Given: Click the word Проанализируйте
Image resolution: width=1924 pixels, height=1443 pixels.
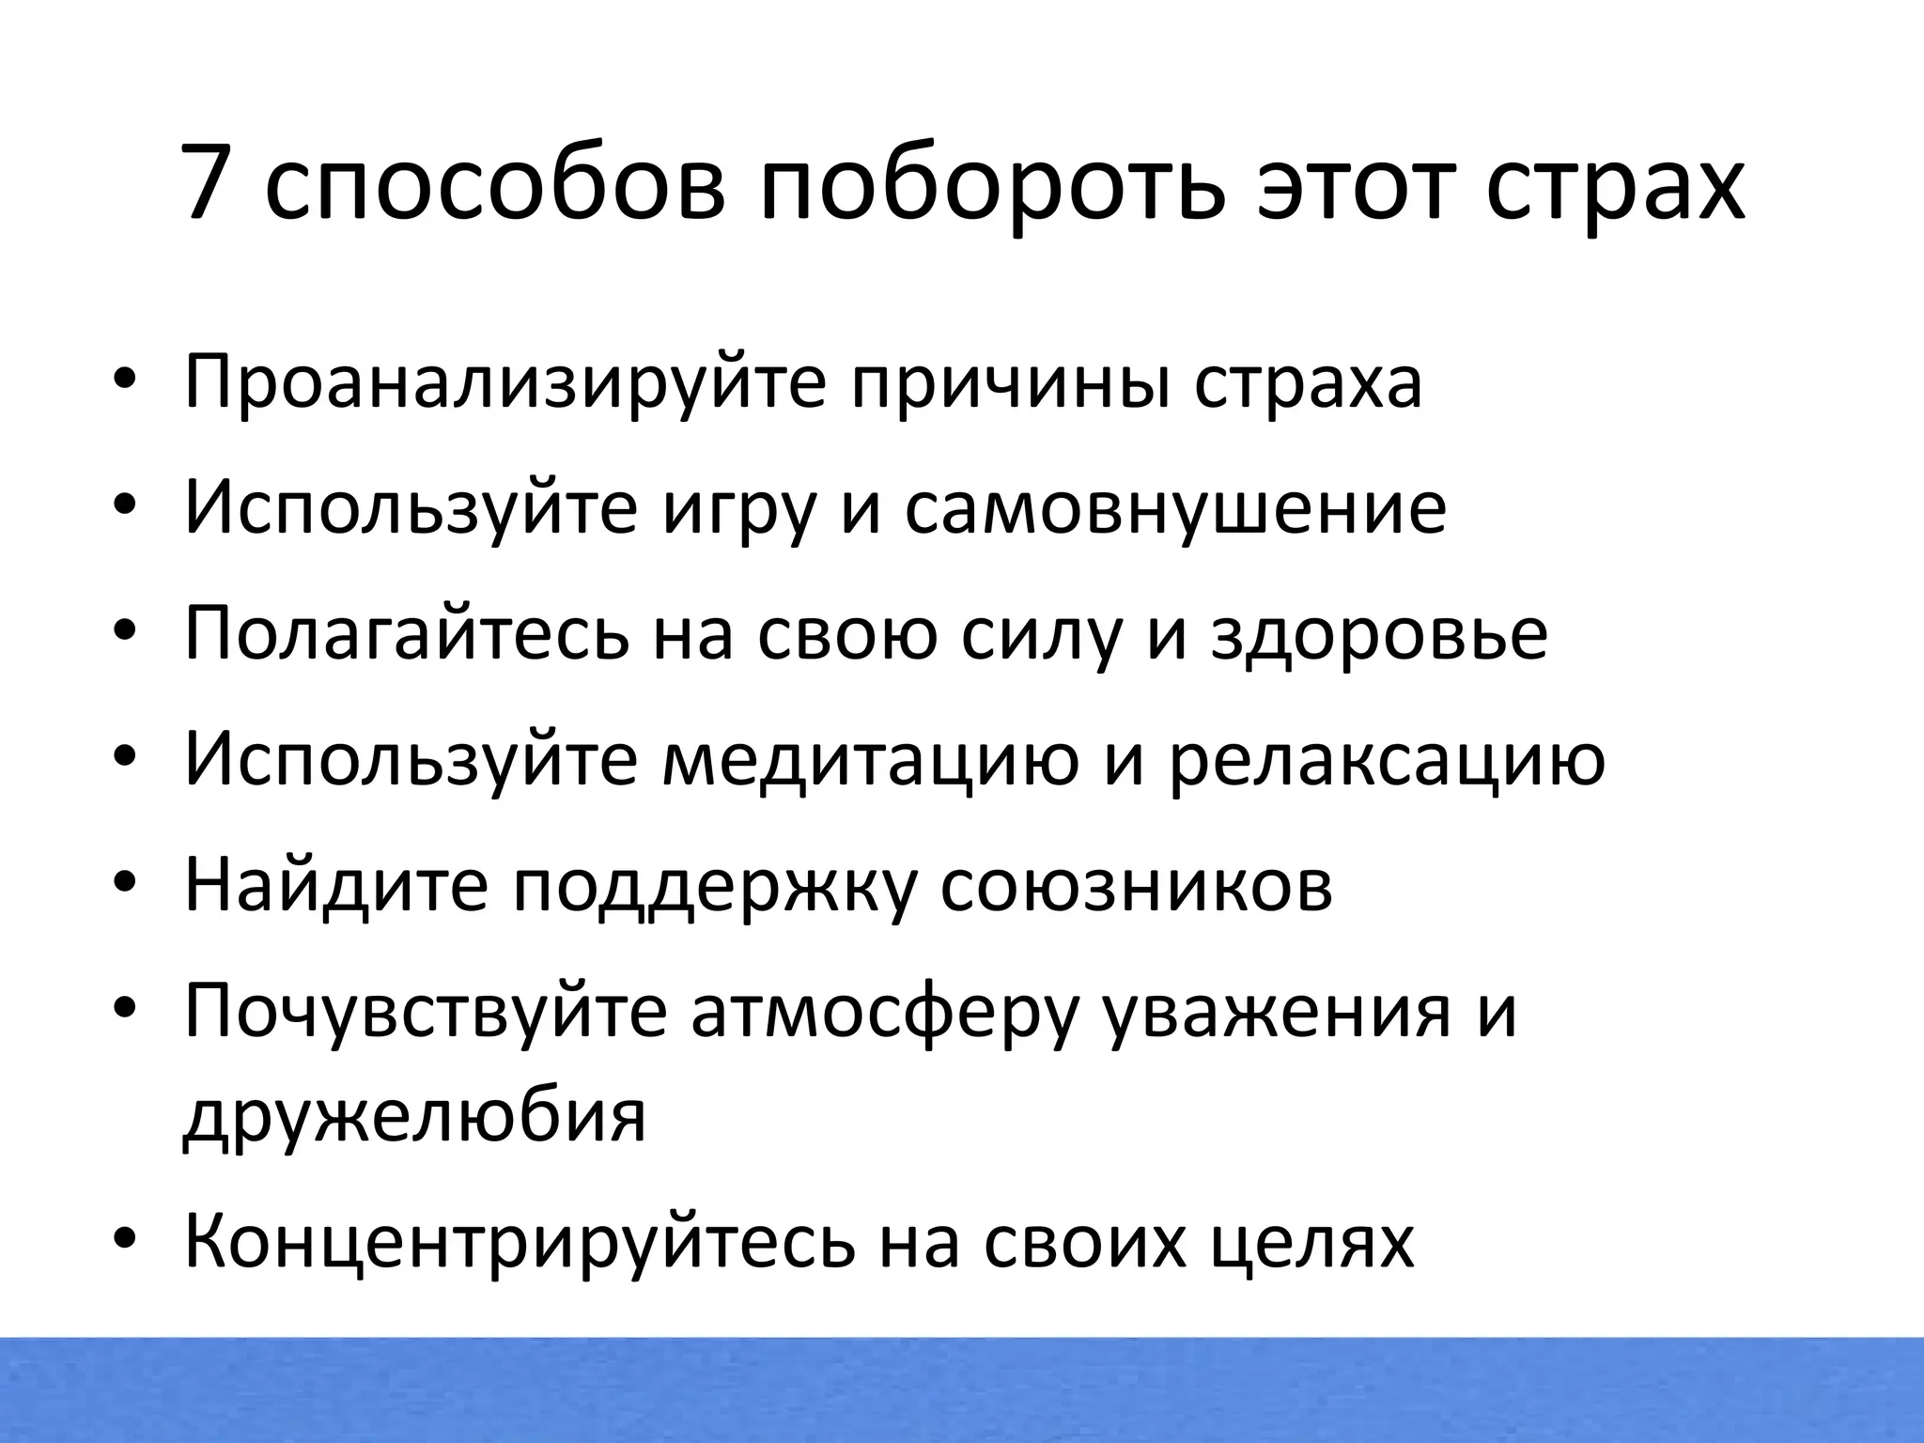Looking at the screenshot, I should tap(505, 383).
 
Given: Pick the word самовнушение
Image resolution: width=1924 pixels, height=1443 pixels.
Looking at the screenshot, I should tap(1175, 509).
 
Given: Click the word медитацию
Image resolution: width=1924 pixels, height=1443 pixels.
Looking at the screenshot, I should tap(870, 761).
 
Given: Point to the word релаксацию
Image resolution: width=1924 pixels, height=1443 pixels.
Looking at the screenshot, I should tap(1387, 761).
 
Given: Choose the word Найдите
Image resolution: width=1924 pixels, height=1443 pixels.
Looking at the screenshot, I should tap(336, 885).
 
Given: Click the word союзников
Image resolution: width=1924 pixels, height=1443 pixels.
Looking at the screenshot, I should tap(1136, 885).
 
